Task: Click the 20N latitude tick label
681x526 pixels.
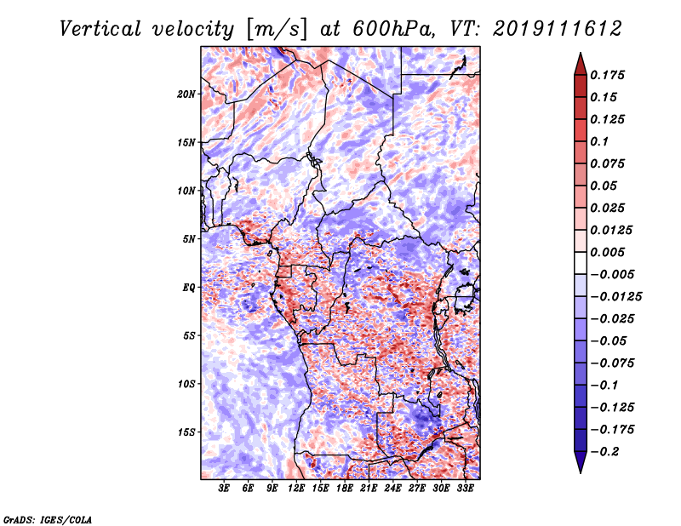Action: pos(186,94)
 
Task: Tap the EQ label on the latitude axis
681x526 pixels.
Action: pos(188,288)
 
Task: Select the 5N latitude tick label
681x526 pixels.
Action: pos(189,239)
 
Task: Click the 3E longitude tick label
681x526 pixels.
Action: pos(224,488)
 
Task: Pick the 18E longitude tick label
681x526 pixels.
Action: pos(345,488)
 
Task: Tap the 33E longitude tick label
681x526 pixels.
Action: pos(465,488)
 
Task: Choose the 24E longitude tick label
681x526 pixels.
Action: pos(392,488)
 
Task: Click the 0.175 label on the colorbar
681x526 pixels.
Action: pos(607,75)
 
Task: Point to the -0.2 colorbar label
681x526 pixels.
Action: pos(605,452)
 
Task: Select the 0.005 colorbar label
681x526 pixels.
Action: pos(607,252)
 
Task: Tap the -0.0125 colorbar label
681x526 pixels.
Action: pos(615,297)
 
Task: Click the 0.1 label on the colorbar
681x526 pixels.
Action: pos(599,141)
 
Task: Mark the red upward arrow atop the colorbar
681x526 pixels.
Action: pos(581,65)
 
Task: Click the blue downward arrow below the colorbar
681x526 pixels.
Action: pos(581,462)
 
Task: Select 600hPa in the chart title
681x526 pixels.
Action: pos(393,29)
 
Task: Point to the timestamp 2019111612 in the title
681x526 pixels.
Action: pos(558,29)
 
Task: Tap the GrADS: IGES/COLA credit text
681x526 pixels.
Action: pos(48,519)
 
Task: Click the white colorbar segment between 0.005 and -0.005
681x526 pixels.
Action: pos(581,263)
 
